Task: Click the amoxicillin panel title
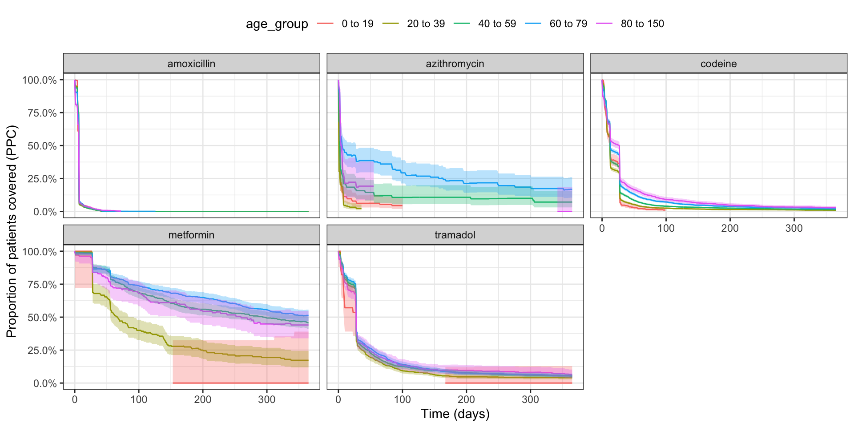click(x=191, y=64)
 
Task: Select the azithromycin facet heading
click(x=455, y=64)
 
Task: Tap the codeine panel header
click(x=718, y=64)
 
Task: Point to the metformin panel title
click(x=191, y=235)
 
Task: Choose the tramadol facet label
click(x=455, y=235)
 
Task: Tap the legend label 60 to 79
click(x=568, y=24)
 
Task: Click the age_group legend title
click(x=277, y=24)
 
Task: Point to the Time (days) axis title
click(x=455, y=414)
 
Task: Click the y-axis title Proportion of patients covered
click(x=12, y=231)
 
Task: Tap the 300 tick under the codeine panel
click(x=794, y=228)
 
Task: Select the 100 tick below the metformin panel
click(x=139, y=399)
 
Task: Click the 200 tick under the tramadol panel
click(x=467, y=399)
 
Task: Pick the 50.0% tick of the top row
click(x=42, y=146)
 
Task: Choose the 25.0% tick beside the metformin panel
click(x=42, y=350)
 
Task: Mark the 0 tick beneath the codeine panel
click(x=602, y=228)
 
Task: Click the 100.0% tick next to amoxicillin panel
click(x=40, y=80)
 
